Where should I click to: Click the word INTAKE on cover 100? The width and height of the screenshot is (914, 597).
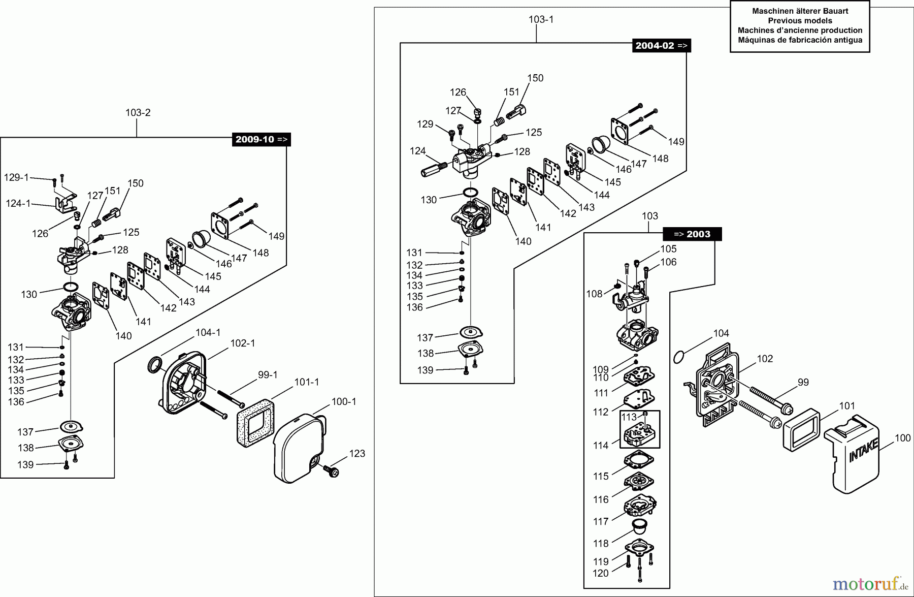863,450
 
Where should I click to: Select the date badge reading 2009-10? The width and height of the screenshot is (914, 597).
261,139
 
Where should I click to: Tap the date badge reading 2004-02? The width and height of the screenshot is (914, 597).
662,45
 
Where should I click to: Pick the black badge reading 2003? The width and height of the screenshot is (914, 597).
692,234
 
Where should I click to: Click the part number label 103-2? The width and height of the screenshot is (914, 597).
138,113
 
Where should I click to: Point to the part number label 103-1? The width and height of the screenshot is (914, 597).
541,19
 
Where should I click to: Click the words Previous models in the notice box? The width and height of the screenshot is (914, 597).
800,21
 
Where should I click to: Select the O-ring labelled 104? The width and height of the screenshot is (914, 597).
678,357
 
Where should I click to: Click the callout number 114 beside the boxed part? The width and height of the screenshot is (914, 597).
601,446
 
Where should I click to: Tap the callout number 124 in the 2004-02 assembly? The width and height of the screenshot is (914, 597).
417,151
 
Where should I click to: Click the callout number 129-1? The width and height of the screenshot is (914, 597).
16,177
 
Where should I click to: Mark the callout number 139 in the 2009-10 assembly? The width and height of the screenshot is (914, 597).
25,464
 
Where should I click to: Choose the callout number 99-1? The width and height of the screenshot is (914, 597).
268,375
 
